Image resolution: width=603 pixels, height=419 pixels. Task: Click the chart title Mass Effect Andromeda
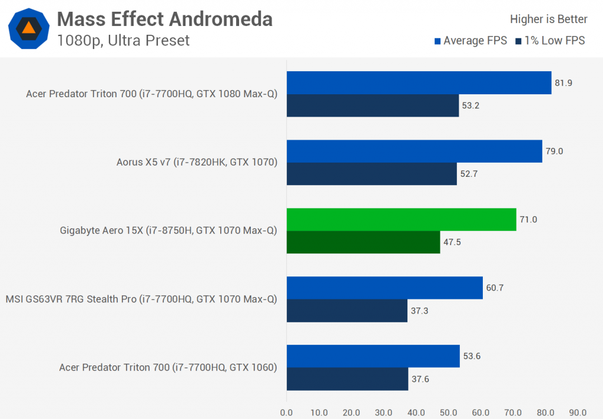coord(164,19)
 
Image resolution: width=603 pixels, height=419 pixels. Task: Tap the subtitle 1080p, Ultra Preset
coord(124,41)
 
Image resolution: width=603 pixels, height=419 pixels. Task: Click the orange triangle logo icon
coord(28,28)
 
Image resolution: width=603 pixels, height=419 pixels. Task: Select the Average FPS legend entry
coord(471,41)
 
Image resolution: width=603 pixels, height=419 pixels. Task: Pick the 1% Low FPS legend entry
coord(550,41)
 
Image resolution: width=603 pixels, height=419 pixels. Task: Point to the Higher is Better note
coord(548,19)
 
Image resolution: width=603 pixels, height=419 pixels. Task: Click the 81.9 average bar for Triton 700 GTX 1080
coord(419,83)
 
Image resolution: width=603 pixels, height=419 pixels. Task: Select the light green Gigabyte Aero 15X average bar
coord(401,220)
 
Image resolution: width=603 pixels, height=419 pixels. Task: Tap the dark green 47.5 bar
coord(363,242)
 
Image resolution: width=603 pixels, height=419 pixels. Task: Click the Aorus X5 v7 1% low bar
coord(372,174)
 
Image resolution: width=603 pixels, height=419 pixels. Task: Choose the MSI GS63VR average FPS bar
coord(385,288)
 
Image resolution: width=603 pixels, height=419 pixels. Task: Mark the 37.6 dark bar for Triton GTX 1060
coord(347,379)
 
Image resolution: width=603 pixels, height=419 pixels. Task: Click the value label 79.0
coord(555,151)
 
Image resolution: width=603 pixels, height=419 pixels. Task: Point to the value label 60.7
coord(495,288)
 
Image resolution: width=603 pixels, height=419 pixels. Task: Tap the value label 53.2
coord(471,105)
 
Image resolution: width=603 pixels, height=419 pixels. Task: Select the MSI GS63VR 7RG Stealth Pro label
coord(141,299)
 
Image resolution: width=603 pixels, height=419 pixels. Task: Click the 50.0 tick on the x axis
coord(449,412)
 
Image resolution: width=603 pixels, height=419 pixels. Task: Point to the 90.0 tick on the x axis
coord(578,412)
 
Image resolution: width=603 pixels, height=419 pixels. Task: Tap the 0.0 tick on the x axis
coord(287,412)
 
